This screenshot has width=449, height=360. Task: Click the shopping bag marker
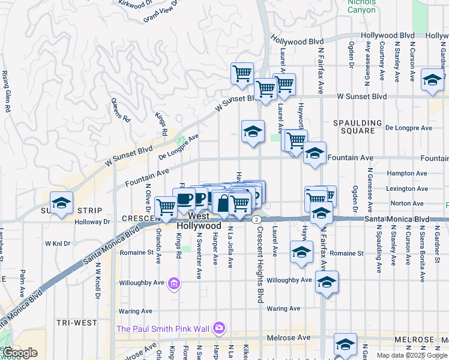[223, 203]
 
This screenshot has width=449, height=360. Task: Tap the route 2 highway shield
[256, 220]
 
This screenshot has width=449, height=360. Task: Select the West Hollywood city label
[199, 221]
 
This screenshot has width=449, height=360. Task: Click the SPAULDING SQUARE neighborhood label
[357, 127]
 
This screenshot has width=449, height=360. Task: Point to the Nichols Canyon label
[361, 5]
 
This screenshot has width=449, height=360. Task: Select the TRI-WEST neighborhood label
[77, 323]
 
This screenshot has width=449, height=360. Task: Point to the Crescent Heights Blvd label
[261, 264]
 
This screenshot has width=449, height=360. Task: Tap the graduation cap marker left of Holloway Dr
[61, 204]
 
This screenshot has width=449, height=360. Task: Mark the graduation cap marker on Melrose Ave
[345, 344]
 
